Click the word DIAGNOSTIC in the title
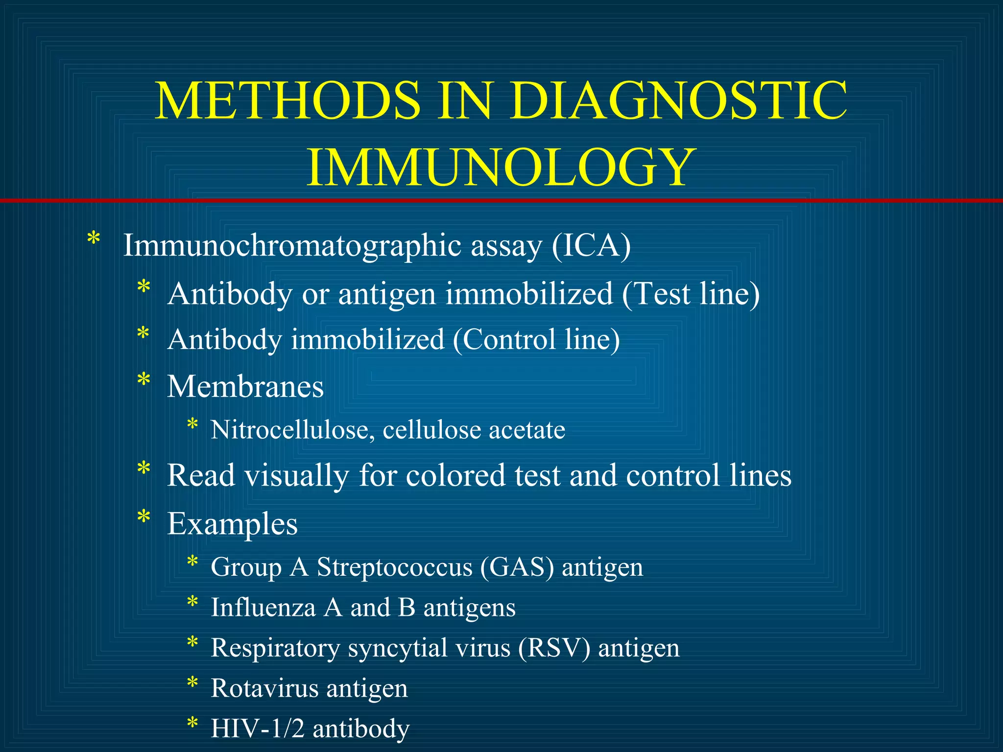pyautogui.click(x=678, y=100)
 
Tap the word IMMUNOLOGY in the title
pyautogui.click(x=501, y=167)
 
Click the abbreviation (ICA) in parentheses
pyautogui.click(x=591, y=245)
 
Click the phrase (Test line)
pyautogui.click(x=691, y=294)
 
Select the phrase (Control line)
pyautogui.click(x=536, y=339)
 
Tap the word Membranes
pyautogui.click(x=245, y=387)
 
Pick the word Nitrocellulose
pyautogui.click(x=292, y=430)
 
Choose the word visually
pyautogui.click(x=297, y=475)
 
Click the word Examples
pyautogui.click(x=232, y=524)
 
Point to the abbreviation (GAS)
pyautogui.click(x=517, y=567)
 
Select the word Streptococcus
pyautogui.click(x=394, y=567)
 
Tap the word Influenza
pyautogui.click(x=263, y=608)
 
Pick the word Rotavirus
pyautogui.click(x=264, y=688)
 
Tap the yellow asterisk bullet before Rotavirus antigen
pyautogui.click(x=192, y=682)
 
